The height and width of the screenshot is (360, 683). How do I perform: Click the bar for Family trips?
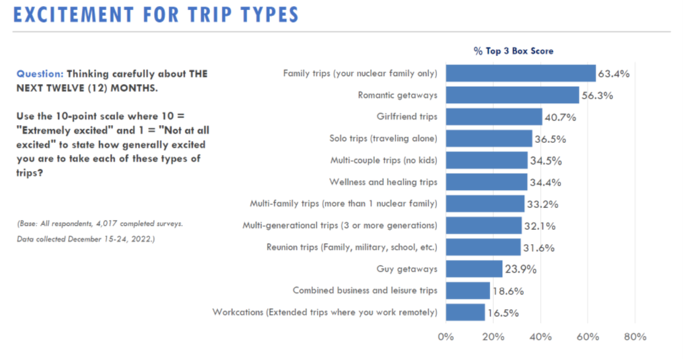coord(520,73)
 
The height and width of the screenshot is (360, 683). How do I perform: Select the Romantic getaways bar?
coord(512,95)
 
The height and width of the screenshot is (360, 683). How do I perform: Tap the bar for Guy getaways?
coord(474,269)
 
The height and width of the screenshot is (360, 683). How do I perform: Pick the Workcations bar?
coord(465,313)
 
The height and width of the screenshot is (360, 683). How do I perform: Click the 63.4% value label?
coord(614,74)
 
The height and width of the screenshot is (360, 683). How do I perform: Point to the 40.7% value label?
coord(560,117)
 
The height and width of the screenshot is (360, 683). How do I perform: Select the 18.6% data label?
coord(508,291)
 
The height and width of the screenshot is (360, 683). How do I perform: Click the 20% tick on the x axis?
coord(493,337)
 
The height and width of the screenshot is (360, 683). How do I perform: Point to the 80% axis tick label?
coord(636,337)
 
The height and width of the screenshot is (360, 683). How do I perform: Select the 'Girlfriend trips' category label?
coord(406,117)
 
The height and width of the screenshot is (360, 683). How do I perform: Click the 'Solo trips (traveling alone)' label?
coord(383,139)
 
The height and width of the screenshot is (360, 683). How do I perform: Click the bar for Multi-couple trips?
coord(486,160)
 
